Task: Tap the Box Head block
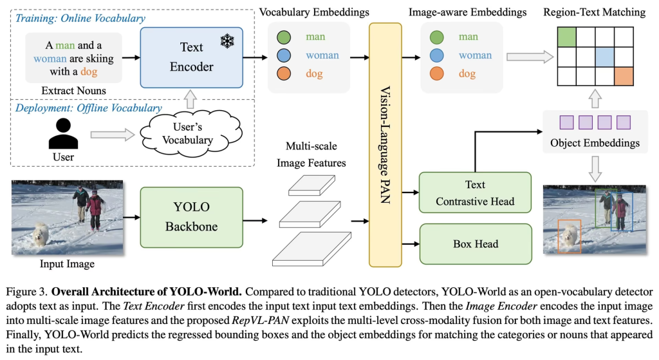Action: click(x=475, y=244)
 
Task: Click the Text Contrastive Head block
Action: click(x=475, y=193)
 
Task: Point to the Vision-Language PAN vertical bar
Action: click(x=385, y=145)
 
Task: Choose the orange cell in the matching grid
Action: click(x=624, y=75)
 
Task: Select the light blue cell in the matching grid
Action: click(x=605, y=57)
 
